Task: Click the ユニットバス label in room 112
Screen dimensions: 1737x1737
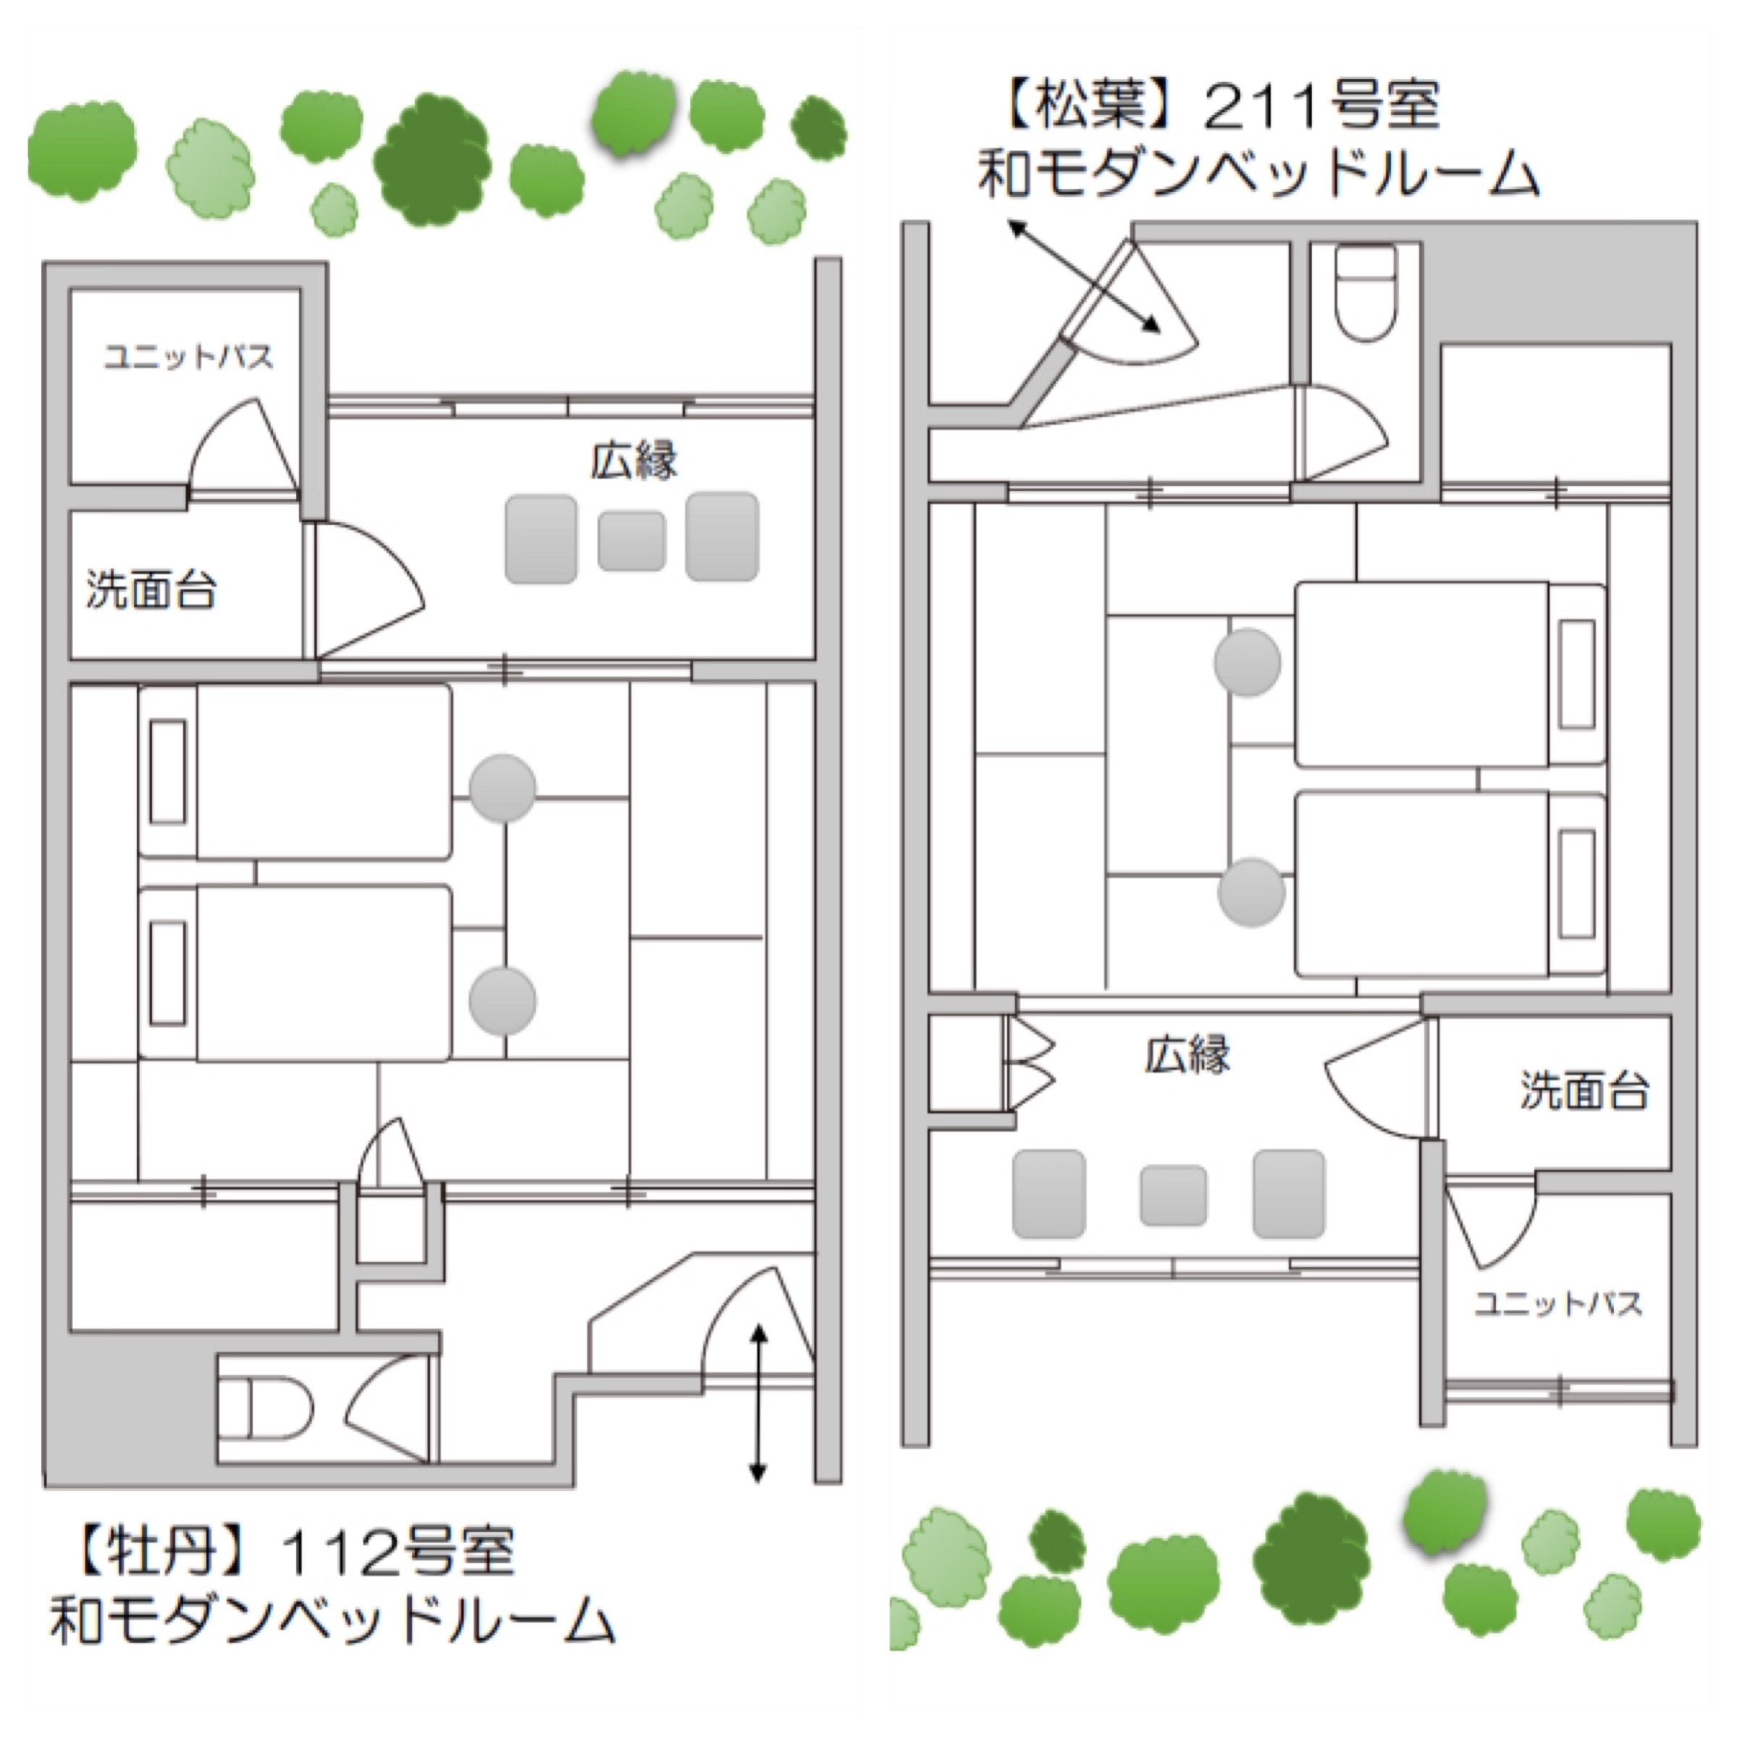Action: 188,357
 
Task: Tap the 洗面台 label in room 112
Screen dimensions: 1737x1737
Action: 151,590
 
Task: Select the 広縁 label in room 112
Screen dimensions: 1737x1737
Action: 634,460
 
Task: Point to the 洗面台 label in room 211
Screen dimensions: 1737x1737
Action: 1584,1090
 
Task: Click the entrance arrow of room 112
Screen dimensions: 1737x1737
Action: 758,1402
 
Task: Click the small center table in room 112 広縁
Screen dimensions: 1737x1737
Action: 631,540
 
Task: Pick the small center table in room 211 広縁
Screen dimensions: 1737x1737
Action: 1172,1195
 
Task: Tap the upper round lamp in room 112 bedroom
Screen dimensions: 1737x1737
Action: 502,788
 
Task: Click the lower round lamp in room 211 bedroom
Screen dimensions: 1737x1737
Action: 1250,892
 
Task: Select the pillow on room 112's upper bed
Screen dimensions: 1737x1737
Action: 168,771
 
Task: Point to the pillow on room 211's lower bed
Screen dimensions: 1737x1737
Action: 1577,884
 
